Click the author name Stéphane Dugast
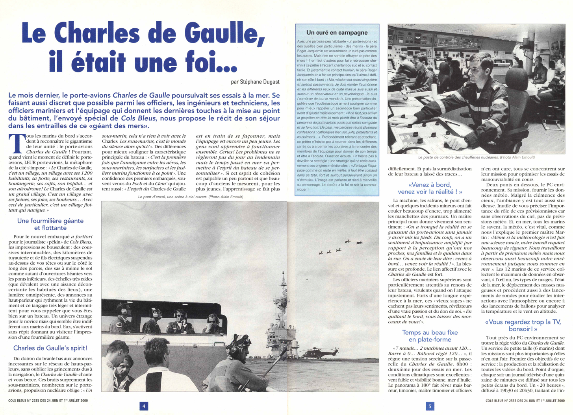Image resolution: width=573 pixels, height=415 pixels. coord(255,82)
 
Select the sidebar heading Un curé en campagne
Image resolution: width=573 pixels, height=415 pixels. coord(337,33)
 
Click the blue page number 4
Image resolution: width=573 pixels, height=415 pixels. coord(144,406)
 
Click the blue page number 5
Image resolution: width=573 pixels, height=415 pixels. coord(430,406)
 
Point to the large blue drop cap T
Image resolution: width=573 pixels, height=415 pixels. coord(16,144)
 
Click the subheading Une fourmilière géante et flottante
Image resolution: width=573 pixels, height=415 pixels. coord(50,224)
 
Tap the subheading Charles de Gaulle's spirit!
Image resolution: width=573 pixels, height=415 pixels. coord(50,348)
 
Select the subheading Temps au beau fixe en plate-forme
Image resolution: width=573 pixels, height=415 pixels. coord(430,336)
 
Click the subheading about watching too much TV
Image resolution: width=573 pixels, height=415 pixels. coord(523,325)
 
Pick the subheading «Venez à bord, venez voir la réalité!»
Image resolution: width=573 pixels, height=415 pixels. coord(430,188)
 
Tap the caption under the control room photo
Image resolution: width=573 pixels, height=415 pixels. coord(476,157)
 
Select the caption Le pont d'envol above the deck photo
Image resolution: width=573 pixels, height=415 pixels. coord(190,197)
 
